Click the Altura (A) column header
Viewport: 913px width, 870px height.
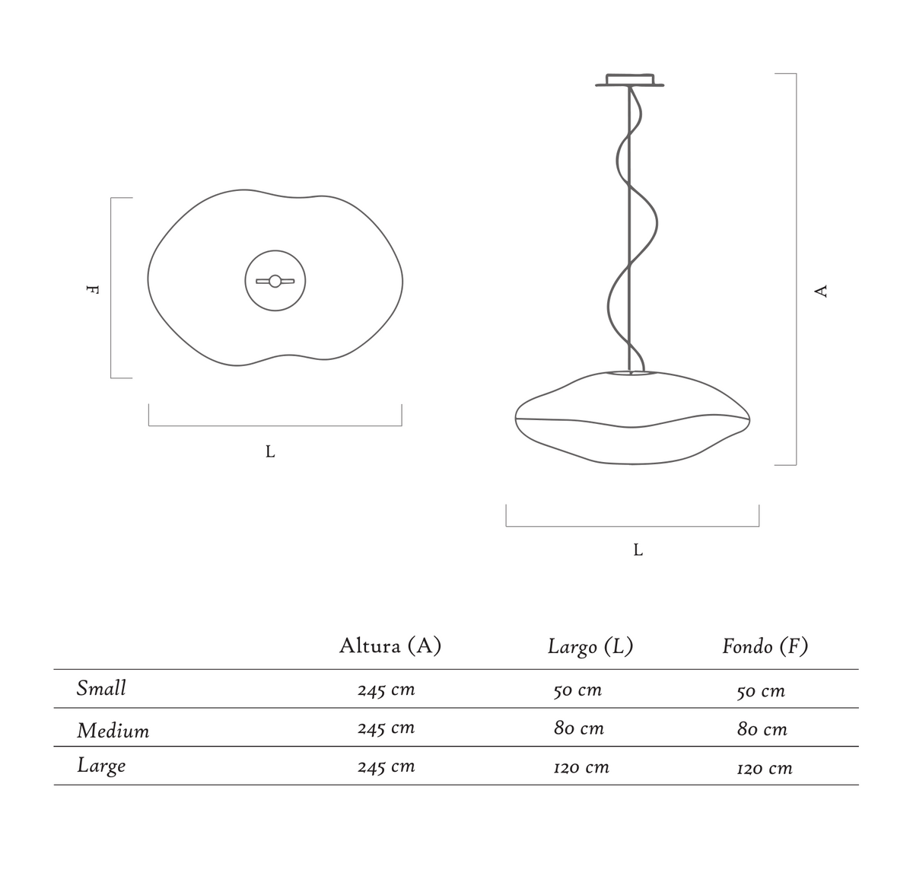[390, 646]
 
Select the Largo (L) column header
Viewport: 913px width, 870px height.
[590, 646]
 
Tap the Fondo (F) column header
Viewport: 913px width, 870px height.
[765, 646]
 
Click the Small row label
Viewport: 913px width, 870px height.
[101, 688]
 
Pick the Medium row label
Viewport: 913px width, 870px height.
[113, 731]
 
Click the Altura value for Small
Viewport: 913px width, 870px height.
[386, 690]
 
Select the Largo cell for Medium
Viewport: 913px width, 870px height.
[579, 728]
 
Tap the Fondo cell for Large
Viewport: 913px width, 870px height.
[765, 768]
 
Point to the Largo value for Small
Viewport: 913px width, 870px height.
[577, 690]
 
